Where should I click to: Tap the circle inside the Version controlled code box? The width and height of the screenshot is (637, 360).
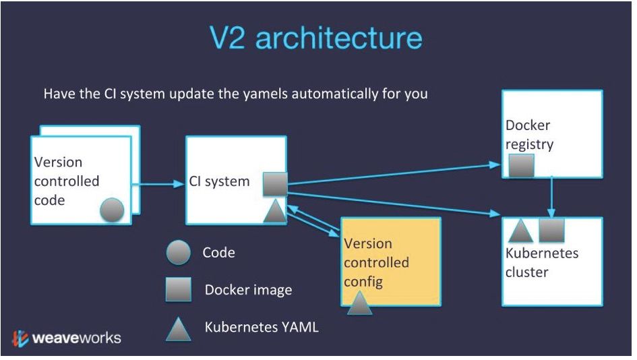112,210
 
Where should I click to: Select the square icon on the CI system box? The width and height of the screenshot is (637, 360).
274,183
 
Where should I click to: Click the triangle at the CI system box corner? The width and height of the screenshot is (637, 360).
274,211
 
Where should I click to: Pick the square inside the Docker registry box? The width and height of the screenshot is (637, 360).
520,166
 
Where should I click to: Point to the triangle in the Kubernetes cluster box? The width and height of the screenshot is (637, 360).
520,231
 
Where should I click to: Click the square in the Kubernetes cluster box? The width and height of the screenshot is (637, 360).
551,230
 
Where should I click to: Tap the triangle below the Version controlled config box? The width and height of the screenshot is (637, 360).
360,303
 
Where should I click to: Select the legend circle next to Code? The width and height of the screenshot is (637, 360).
179,253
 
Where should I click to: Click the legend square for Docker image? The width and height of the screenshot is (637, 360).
179,290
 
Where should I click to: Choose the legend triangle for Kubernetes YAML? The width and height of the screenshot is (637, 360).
179,329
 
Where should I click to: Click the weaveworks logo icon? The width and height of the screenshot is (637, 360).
20,338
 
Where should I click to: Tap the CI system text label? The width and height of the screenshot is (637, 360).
219,181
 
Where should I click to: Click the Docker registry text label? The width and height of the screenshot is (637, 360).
529,135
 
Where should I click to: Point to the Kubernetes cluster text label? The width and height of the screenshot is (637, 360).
542,263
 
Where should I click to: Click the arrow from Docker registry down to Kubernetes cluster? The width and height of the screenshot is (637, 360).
552,196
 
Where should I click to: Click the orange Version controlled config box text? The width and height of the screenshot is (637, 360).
377,262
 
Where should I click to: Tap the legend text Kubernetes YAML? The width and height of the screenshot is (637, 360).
262,328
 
